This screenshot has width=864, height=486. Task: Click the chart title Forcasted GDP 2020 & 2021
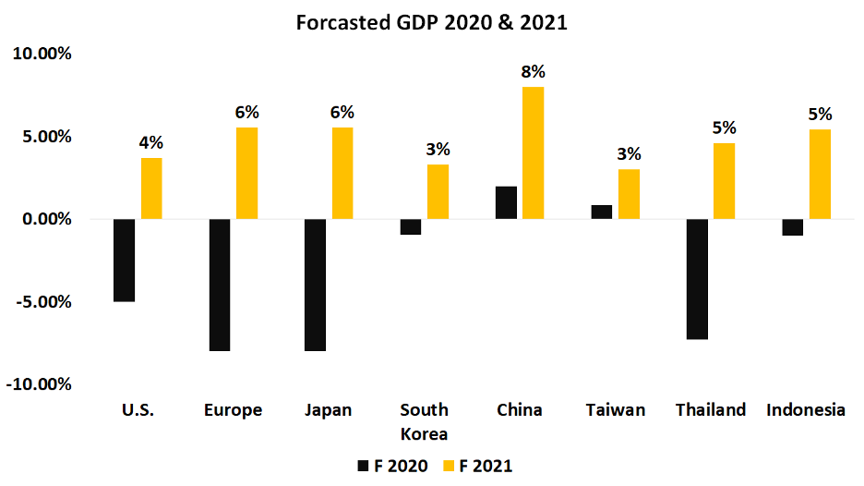pyautogui.click(x=431, y=23)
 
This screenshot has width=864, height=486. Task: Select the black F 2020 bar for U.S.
pyautogui.click(x=125, y=260)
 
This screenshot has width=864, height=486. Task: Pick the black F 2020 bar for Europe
pyautogui.click(x=220, y=285)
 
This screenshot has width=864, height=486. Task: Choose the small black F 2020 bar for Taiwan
pyautogui.click(x=601, y=212)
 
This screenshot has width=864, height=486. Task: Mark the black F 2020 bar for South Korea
pyautogui.click(x=411, y=226)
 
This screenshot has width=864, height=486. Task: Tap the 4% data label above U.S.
pyautogui.click(x=151, y=142)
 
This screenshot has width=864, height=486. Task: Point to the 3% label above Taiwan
pyautogui.click(x=629, y=154)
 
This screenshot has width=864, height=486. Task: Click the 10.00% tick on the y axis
pyautogui.click(x=41, y=54)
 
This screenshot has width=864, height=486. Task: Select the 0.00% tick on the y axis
pyautogui.click(x=42, y=219)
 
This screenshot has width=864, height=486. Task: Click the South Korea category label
pyautogui.click(x=425, y=420)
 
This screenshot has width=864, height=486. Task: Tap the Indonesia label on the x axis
pyautogui.click(x=806, y=409)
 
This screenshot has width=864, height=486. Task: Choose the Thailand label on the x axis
pyautogui.click(x=710, y=409)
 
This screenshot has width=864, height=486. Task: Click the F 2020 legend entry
pyautogui.click(x=391, y=466)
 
